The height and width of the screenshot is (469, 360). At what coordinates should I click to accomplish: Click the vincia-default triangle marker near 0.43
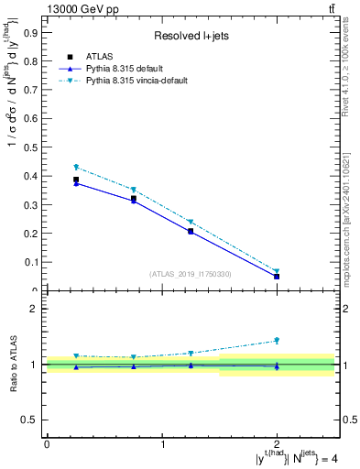pos(77,168)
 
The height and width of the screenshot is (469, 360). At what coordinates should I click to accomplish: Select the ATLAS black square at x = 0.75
pos(134,198)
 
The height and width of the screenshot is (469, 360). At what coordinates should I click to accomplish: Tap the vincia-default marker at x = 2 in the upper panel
pos(277,272)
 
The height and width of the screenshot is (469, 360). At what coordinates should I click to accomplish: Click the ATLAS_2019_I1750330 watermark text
pos(191,273)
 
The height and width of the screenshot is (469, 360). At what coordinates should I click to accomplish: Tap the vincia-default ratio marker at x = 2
pos(277,341)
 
